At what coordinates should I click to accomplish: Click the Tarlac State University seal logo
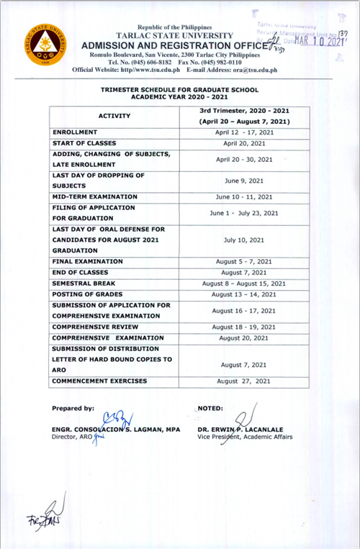[43, 46]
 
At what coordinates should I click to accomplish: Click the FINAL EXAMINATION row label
[88, 262]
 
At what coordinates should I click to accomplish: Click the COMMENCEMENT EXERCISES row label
[99, 381]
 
